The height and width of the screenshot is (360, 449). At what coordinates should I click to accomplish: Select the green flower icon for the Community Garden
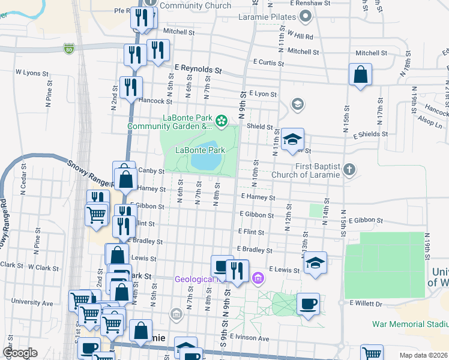(x=221, y=122)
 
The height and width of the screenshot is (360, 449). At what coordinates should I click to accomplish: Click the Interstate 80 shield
(x=70, y=46)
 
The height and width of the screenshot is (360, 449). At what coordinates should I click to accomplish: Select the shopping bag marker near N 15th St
(x=360, y=76)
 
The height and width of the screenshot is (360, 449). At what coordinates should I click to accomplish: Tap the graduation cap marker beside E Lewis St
(x=315, y=263)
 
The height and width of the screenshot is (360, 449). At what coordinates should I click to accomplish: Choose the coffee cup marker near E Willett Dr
(x=308, y=304)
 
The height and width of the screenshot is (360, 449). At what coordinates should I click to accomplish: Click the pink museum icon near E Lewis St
(x=259, y=278)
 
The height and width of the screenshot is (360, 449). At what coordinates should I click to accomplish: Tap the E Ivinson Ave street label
(x=248, y=338)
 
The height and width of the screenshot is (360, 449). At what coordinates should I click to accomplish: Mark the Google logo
(x=20, y=353)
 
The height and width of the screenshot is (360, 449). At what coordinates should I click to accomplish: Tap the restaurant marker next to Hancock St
(x=130, y=88)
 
